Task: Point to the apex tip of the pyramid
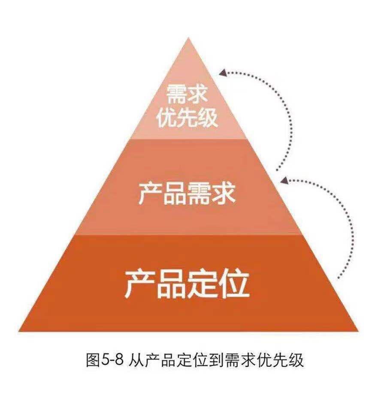tap(187, 37)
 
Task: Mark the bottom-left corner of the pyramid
tap(18, 331)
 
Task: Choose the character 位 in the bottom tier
tap(234, 283)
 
